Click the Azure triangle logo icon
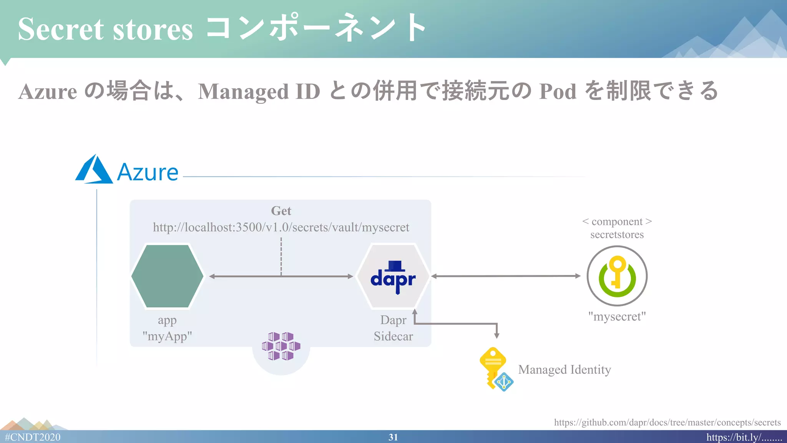pos(94,170)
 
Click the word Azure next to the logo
pos(148,172)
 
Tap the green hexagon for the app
pos(167,276)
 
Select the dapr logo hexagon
pos(393,276)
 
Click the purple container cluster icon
pos(281,346)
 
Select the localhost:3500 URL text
pos(281,227)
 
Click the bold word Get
pos(281,211)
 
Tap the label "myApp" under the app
pos(167,336)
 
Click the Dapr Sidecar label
pos(393,328)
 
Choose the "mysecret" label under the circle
pos(617,316)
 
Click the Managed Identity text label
pos(564,370)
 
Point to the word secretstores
pos(617,235)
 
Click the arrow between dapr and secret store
pos(505,276)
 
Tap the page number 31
pos(393,437)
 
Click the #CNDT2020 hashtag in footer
pos(33,437)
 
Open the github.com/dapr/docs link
pos(667,423)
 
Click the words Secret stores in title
pos(105,30)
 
